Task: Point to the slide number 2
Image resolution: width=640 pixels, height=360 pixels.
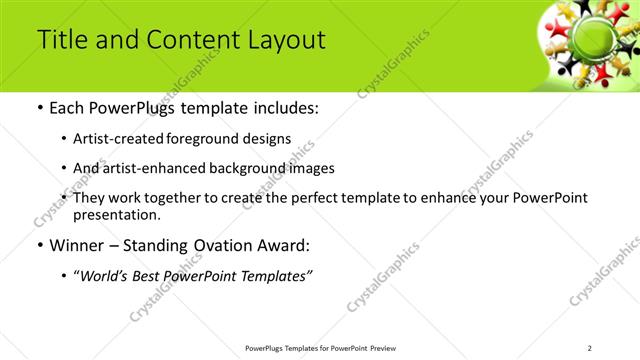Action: click(590, 348)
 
